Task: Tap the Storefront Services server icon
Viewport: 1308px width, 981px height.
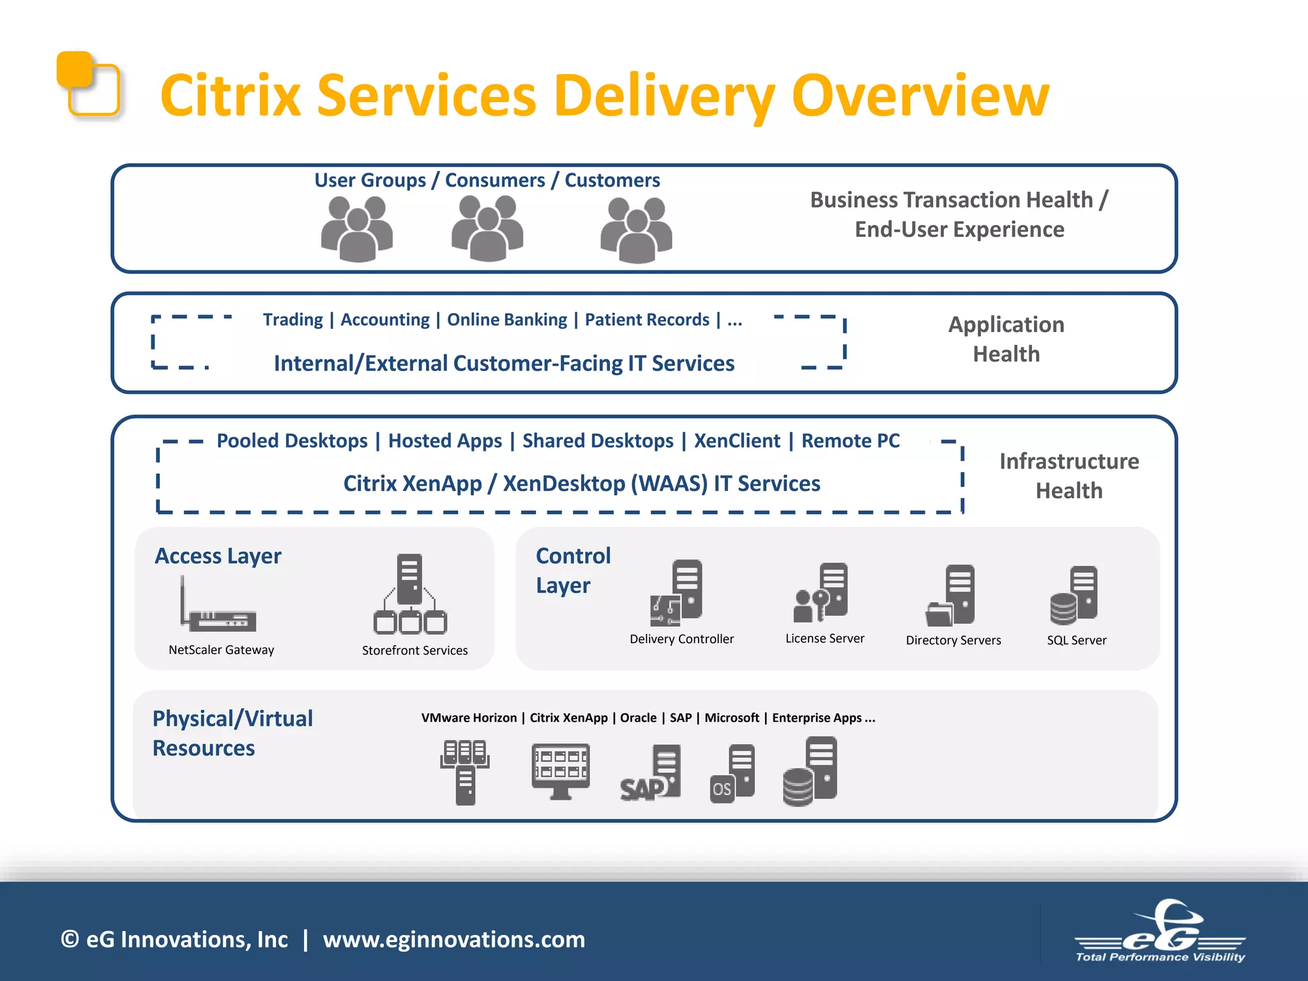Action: click(x=410, y=594)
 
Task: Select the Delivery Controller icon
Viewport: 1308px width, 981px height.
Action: click(x=677, y=593)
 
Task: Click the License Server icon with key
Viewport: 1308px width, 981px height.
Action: click(x=821, y=592)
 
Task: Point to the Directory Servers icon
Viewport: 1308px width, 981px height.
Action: click(x=951, y=596)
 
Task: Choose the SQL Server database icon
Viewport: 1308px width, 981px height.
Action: click(x=1074, y=596)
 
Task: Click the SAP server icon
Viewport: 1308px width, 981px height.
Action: click(x=651, y=773)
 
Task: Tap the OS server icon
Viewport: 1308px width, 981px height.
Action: click(x=733, y=773)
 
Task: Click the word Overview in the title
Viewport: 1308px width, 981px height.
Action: click(x=920, y=96)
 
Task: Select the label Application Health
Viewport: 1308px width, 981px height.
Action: click(x=1006, y=339)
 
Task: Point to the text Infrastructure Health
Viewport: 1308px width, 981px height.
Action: click(x=1068, y=476)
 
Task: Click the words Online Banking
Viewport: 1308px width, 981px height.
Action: click(x=506, y=319)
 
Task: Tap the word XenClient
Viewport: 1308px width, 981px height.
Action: click(x=737, y=441)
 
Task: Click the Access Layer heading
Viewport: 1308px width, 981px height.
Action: click(x=218, y=556)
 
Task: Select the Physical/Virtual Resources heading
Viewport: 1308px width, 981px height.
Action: click(x=232, y=733)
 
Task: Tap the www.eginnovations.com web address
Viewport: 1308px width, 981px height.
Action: click(x=453, y=939)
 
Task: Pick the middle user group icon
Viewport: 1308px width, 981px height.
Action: click(x=487, y=229)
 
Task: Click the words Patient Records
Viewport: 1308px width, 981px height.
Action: click(x=647, y=319)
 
